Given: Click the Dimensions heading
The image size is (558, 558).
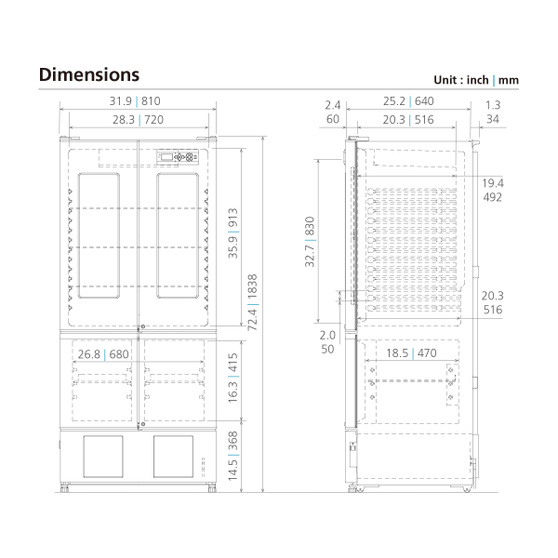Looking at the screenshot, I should click(89, 74).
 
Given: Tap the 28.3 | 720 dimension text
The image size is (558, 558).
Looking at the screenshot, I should click(139, 119).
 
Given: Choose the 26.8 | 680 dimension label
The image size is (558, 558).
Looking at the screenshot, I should click(103, 354).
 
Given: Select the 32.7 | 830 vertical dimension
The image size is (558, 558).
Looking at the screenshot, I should click(311, 243).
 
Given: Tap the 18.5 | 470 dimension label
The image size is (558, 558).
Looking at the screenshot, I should click(412, 354).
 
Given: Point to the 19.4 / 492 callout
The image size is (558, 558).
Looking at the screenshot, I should click(493, 190).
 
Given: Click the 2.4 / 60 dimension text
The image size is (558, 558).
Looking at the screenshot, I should click(333, 112).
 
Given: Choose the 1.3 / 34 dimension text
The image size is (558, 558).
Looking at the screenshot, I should click(493, 112).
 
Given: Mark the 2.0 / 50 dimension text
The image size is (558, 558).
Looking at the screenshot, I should click(327, 342).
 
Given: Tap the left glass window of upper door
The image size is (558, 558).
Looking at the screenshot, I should click(100, 235).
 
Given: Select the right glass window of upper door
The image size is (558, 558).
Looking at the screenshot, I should click(178, 235).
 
